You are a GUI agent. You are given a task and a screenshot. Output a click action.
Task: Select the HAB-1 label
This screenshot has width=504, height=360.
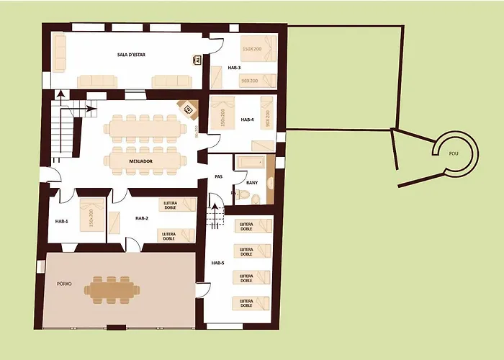coord(61,221)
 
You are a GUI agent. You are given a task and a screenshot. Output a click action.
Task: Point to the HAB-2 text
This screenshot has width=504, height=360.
coord(141,218)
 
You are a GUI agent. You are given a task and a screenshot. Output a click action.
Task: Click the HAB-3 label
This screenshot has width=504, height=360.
coord(235,68)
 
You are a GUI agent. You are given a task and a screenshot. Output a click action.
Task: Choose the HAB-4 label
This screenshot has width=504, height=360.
coord(248,120)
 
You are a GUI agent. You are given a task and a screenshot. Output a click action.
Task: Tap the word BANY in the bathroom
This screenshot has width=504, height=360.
coord(252,184)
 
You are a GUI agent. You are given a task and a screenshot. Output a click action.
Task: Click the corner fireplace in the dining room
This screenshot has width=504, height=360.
coord(189,109)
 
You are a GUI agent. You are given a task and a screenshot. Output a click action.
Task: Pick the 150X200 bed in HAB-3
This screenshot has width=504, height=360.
coord(257,49)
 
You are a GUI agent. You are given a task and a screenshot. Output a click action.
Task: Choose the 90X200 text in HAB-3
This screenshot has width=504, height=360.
coord(250,81)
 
